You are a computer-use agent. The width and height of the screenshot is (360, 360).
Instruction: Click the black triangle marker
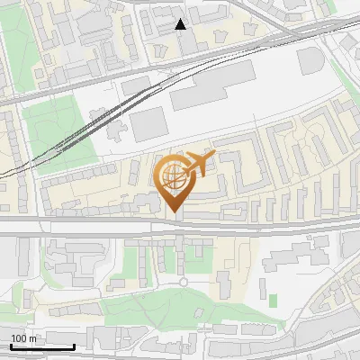[181, 24]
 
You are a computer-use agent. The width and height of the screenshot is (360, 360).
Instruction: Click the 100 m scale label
[24, 337]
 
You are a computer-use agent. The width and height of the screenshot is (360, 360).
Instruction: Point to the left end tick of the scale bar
[11, 346]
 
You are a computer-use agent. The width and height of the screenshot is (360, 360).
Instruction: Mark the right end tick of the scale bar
[74, 346]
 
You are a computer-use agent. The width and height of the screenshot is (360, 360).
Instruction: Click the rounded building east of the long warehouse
[309, 60]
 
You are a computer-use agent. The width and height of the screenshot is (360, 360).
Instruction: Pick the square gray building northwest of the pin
[148, 123]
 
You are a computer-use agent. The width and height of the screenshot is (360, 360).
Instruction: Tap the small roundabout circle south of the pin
[184, 282]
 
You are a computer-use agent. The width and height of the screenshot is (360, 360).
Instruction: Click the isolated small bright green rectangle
[273, 298]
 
